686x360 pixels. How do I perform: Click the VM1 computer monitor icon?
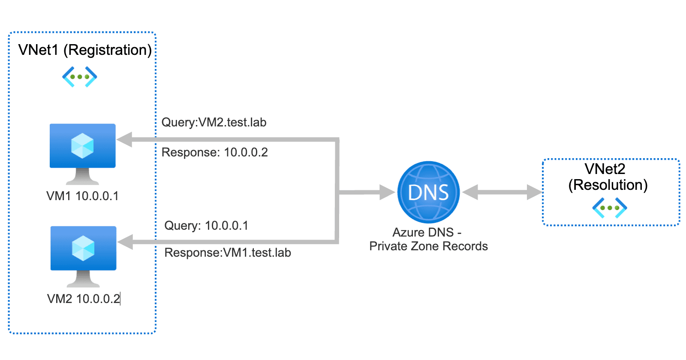(82, 148)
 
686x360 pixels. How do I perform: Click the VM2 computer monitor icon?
(83, 250)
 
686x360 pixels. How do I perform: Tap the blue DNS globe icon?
(428, 192)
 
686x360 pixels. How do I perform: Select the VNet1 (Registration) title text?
(85, 50)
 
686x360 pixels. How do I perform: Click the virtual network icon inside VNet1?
(80, 77)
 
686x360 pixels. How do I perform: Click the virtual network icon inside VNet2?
(610, 208)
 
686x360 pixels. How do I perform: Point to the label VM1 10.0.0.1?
(82, 196)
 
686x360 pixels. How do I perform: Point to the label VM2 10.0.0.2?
(84, 299)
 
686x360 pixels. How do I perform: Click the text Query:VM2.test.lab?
(214, 123)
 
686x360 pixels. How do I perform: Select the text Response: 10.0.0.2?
(214, 153)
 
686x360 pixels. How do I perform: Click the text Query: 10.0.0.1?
(206, 226)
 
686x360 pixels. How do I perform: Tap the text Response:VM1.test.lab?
(228, 253)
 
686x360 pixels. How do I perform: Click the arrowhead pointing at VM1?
(125, 140)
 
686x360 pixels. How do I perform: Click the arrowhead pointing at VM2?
(126, 242)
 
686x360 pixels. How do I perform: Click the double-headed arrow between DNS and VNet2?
(502, 192)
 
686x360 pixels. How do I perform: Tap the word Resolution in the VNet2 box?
(608, 185)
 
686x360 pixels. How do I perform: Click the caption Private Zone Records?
(428, 246)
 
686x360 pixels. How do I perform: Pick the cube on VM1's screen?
(82, 146)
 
